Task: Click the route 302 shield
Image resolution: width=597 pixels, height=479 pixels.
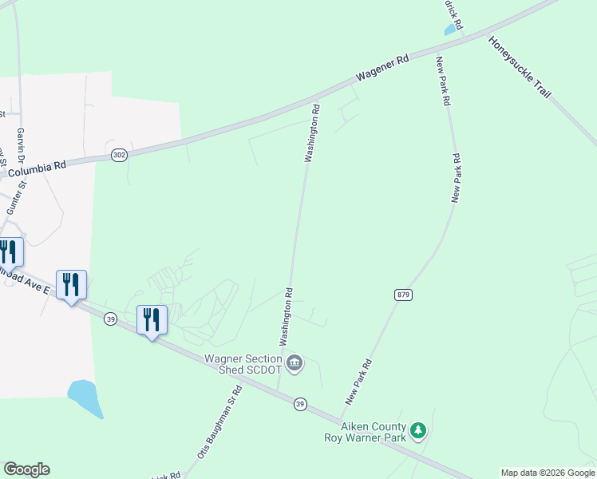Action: tap(119, 155)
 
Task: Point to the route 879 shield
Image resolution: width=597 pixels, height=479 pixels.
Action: tap(403, 295)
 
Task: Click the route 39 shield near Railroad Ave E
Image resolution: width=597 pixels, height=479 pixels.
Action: tap(111, 319)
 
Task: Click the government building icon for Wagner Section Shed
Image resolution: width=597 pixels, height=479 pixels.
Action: tap(295, 364)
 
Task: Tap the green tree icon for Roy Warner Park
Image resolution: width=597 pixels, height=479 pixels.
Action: tap(418, 433)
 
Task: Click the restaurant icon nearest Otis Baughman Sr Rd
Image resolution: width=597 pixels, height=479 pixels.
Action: tap(152, 320)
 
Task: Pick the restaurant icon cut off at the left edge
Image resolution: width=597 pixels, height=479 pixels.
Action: tap(8, 252)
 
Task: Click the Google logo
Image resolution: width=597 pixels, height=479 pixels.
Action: tap(27, 469)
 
